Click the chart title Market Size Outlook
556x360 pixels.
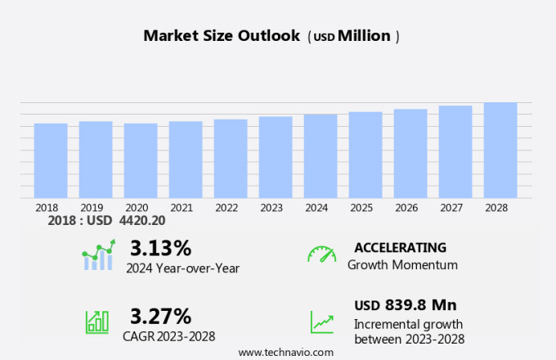222,36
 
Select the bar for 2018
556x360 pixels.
51,160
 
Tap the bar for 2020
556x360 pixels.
141,160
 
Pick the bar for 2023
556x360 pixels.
276,157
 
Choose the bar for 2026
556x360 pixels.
410,153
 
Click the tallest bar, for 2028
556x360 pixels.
500,150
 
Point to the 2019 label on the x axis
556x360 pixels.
92,208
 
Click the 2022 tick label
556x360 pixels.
226,208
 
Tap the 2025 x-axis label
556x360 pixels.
361,208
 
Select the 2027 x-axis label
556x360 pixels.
451,208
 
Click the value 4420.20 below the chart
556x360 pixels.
144,221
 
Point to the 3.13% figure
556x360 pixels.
160,247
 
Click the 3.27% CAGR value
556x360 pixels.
160,316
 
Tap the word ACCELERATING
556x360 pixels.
401,247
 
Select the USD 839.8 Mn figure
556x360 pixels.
406,305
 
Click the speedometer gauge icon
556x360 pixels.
321,254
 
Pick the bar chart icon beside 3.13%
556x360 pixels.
98,255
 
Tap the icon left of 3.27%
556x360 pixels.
97,322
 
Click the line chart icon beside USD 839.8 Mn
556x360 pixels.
321,321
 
